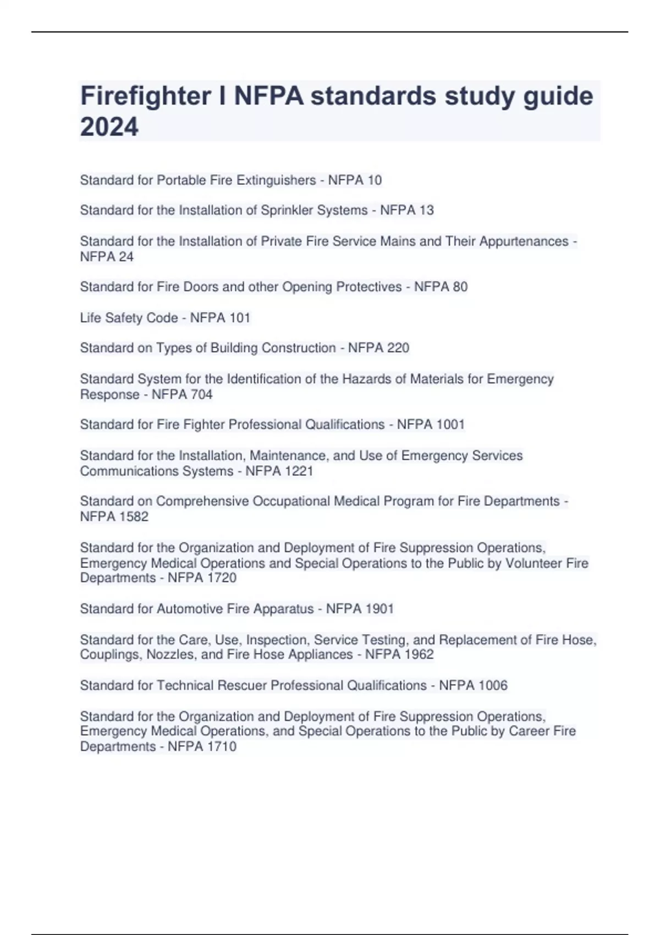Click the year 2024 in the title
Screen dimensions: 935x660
[109, 127]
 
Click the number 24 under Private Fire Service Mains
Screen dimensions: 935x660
[127, 257]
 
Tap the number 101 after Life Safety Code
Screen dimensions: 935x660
[240, 318]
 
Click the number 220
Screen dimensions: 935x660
[398, 348]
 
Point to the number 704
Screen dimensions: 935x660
[201, 394]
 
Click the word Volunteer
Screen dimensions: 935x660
[530, 563]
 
